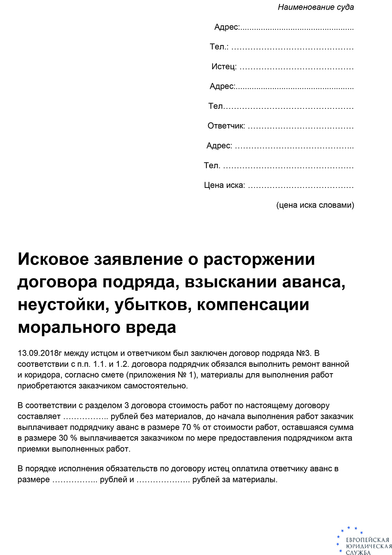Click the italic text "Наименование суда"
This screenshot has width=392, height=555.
tap(315, 7)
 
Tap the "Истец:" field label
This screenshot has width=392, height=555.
tap(224, 67)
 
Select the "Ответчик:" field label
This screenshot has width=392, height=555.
tap(226, 126)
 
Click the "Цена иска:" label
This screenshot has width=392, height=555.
tap(224, 185)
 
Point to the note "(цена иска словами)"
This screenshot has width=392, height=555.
tap(315, 205)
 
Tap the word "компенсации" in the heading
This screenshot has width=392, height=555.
tap(253, 305)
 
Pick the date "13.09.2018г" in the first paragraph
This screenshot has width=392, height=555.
tap(40, 353)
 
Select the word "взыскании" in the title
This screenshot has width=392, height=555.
tap(231, 282)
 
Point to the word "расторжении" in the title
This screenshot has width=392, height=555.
tap(259, 259)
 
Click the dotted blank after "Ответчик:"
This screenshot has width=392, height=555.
tap(300, 127)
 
